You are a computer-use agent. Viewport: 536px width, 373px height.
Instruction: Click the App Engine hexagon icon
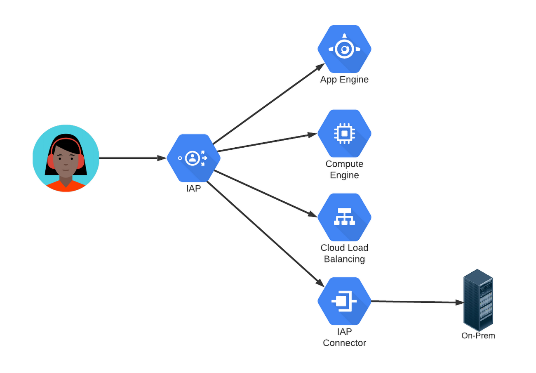[x=344, y=49]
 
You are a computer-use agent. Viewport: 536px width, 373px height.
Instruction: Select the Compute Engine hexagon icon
[x=344, y=133]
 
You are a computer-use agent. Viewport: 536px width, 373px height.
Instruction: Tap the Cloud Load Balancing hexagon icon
[x=344, y=217]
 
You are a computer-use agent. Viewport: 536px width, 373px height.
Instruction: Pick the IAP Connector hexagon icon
[x=344, y=301]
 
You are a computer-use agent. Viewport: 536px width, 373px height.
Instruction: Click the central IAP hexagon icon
[x=193, y=158]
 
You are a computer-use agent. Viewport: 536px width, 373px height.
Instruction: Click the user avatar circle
[x=66, y=158]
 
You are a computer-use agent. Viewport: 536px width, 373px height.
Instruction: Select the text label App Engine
[x=344, y=80]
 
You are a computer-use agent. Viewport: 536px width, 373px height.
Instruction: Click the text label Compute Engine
[x=344, y=170]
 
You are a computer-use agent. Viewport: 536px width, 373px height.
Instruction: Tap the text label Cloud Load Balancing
[x=344, y=253]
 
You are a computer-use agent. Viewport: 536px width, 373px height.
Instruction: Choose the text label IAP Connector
[x=344, y=337]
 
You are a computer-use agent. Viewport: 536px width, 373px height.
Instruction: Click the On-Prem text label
[x=478, y=335]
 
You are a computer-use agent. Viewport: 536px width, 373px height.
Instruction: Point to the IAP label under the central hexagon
[x=193, y=189]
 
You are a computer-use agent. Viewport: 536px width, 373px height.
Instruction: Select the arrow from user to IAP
[x=132, y=158]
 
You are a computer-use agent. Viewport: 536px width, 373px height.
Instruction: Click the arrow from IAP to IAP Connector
[x=264, y=232]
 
